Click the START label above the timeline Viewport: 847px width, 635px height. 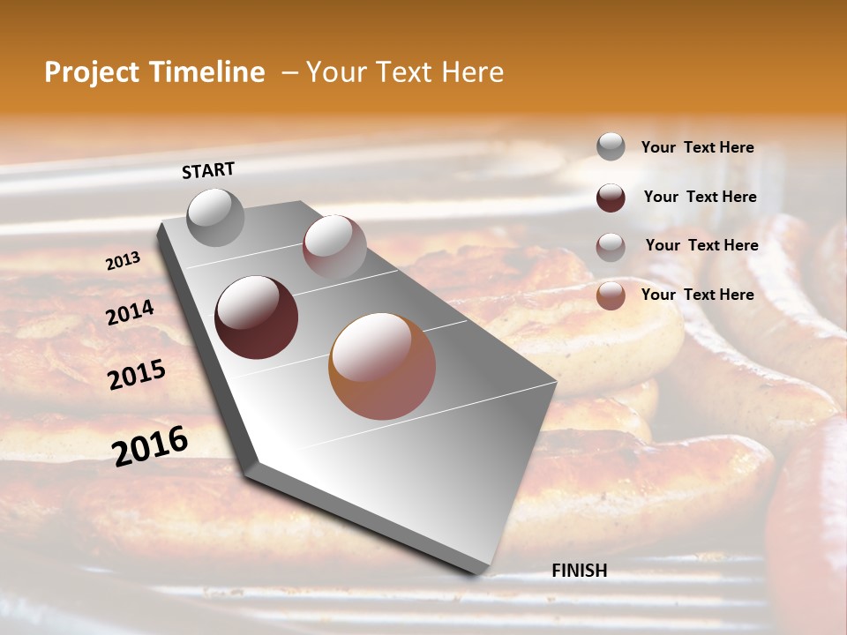point(208,170)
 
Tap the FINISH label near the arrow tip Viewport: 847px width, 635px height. point(579,571)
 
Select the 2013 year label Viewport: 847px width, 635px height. point(124,261)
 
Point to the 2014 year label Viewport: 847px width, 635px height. point(131,312)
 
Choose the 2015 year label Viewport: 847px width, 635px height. point(137,375)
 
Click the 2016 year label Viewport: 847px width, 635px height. point(150,445)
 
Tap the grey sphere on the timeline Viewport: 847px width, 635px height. point(216,218)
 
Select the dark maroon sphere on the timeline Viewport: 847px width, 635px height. point(257,317)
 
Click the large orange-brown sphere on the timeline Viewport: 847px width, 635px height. point(382,366)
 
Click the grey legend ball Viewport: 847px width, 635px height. point(611,146)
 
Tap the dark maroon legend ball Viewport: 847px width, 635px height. point(611,197)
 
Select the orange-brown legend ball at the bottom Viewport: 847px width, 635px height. point(611,295)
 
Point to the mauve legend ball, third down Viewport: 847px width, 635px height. point(611,246)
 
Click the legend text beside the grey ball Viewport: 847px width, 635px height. point(697,147)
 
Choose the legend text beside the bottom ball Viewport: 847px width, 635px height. point(697,295)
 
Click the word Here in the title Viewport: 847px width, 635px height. point(472,72)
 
